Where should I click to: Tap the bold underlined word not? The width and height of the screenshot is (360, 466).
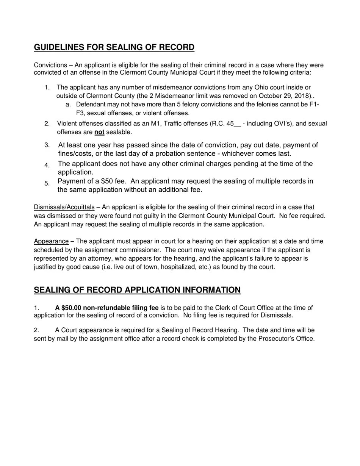[x=99, y=132]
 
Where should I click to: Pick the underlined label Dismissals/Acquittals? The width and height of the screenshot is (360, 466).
[x=64, y=207]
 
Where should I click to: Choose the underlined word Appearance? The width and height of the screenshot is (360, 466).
[x=51, y=241]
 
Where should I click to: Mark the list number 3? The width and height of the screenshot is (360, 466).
[x=47, y=145]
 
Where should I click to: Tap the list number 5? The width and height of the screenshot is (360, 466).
[x=47, y=184]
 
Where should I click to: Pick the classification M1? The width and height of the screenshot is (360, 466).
[x=155, y=124]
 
